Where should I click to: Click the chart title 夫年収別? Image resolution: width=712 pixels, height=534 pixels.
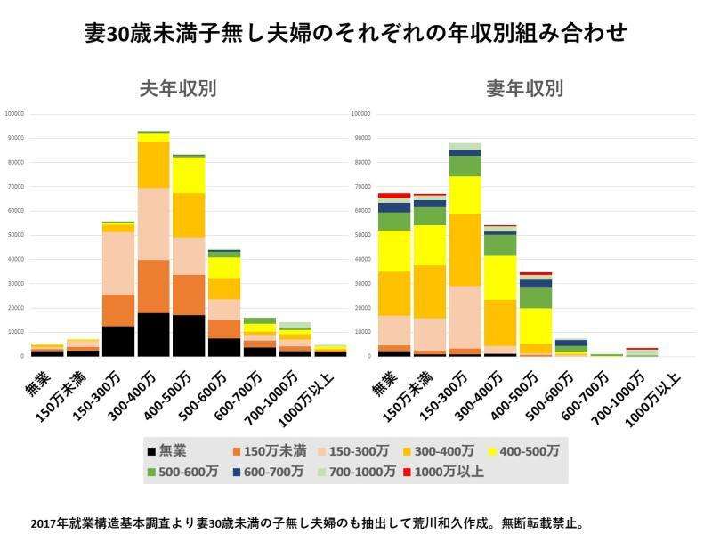pos(178,89)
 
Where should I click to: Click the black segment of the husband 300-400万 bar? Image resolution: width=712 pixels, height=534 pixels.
pos(154,335)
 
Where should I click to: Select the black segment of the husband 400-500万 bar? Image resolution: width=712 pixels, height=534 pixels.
pos(188,336)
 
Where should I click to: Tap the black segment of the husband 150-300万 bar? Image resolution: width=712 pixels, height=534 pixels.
pos(118,341)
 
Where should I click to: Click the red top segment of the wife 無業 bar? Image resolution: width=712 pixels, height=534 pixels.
pos(394,195)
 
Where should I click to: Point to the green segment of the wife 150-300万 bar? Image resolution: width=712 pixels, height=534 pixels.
pos(465,166)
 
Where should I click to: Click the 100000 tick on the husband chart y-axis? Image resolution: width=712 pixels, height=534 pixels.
pos(14,114)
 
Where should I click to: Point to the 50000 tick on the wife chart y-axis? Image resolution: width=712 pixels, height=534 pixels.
pos(361,235)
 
